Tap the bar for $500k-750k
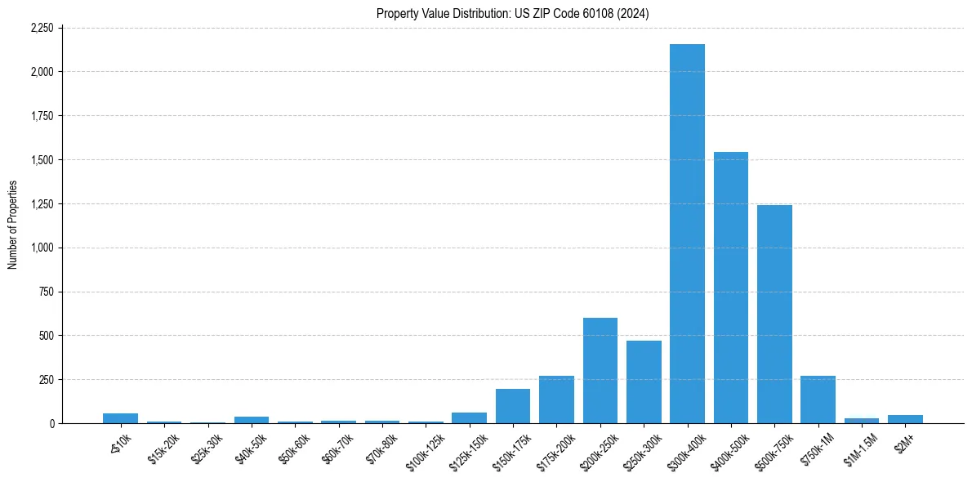pos(774,314)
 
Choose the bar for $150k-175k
pos(513,406)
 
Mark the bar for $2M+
pos(905,419)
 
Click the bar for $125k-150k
pos(470,417)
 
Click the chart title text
pos(513,13)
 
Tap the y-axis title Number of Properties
pos(12,225)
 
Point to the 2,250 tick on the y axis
pos(41,28)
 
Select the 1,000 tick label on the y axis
pos(42,248)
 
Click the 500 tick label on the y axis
pos(47,336)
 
